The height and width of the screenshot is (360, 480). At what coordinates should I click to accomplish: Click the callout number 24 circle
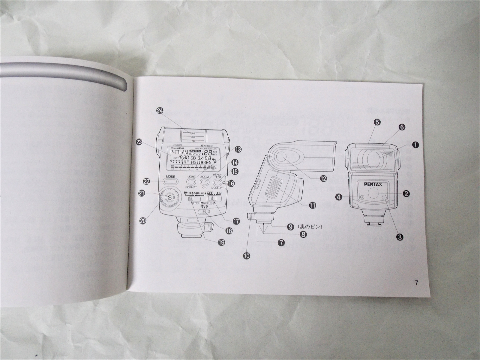160,111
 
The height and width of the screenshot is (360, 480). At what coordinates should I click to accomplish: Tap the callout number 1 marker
415,145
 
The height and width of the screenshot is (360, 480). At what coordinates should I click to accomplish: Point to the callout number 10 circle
247,256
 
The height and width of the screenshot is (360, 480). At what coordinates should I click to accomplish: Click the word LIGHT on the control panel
191,177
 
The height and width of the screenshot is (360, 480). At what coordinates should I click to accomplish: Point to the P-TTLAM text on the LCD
179,152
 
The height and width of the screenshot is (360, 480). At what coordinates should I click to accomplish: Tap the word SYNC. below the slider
196,204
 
